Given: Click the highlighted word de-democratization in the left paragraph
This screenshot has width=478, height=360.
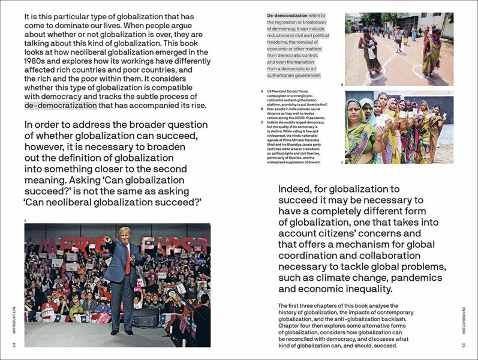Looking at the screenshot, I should click(61, 106).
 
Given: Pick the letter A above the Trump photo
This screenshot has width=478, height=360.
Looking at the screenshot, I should click(26, 220).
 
